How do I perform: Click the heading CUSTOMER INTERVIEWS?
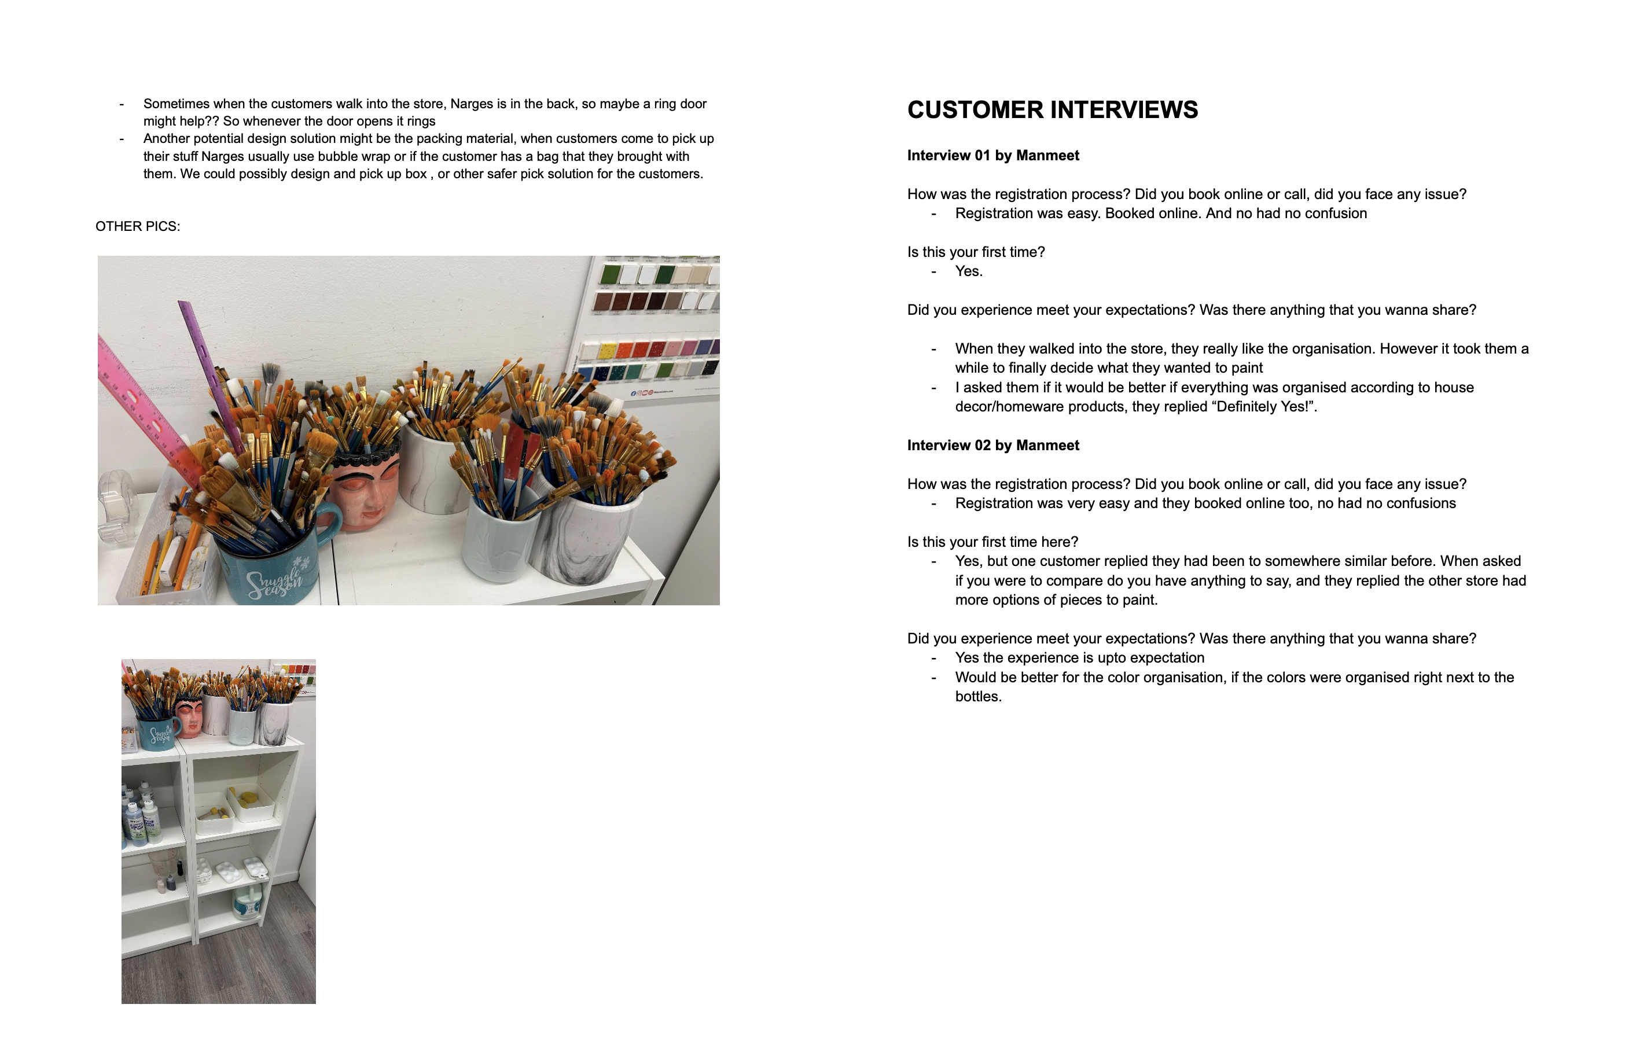click(1052, 110)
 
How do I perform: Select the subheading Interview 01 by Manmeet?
click(992, 156)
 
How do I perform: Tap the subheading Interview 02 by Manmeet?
click(992, 445)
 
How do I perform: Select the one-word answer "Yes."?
click(969, 271)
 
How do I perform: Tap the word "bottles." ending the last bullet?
click(978, 696)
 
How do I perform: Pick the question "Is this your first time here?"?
click(992, 542)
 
